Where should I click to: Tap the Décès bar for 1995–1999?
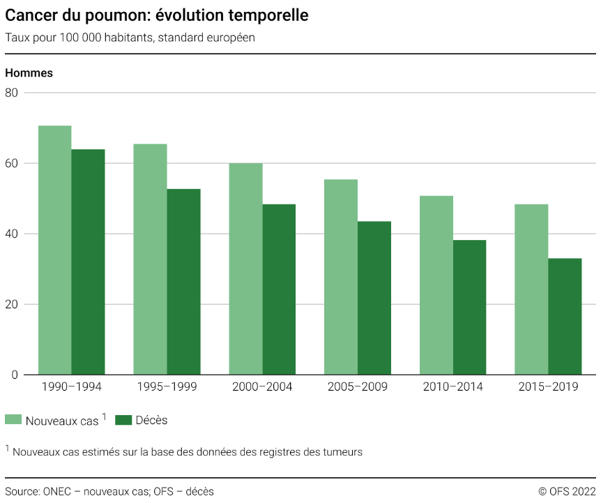tap(183, 282)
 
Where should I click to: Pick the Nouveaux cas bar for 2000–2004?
tap(245, 269)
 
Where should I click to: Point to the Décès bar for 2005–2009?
tap(374, 298)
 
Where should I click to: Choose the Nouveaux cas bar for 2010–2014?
tap(436, 285)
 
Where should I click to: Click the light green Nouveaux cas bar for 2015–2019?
tap(531, 290)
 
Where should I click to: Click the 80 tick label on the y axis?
tap(10, 93)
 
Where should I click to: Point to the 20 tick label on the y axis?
tap(10, 304)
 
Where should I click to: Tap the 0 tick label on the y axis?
tap(14, 375)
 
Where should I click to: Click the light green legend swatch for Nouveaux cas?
tap(13, 420)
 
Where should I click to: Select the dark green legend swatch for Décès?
tap(123, 420)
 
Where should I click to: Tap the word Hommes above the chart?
tap(29, 73)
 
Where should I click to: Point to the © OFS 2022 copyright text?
tap(567, 491)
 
